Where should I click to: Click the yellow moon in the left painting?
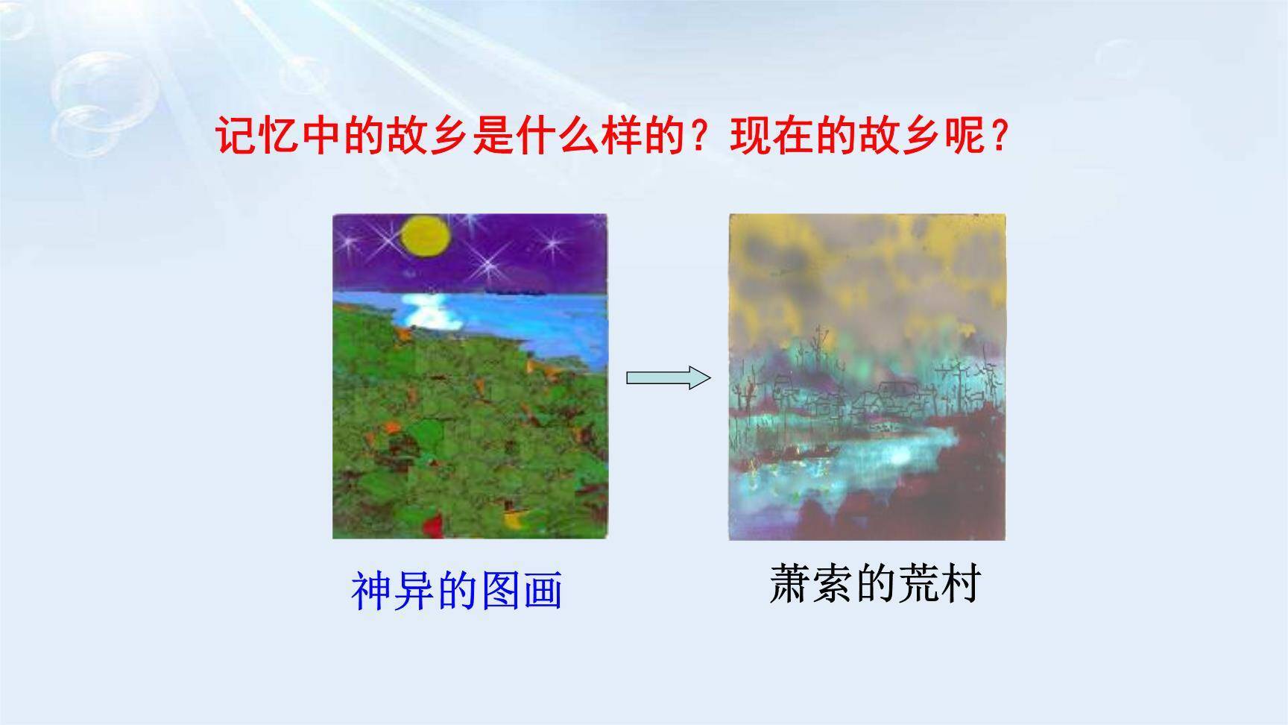click(x=427, y=236)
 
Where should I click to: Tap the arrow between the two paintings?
click(x=668, y=377)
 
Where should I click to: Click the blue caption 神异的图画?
click(x=456, y=591)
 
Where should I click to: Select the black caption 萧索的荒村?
click(x=874, y=584)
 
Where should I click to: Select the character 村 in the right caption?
click(x=959, y=584)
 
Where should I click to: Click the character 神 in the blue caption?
click(x=370, y=591)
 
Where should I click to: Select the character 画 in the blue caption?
click(x=542, y=591)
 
